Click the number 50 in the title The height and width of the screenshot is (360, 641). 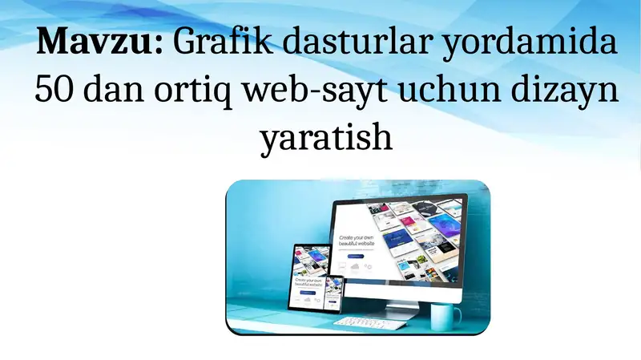coord(54,91)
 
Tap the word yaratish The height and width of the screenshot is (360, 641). coord(326,138)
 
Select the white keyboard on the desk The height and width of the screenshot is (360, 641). coord(364,322)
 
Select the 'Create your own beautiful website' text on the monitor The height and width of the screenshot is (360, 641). coord(357,242)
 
